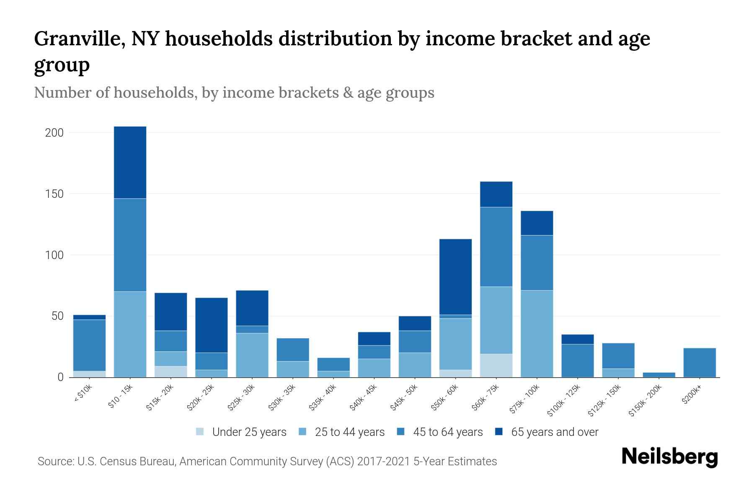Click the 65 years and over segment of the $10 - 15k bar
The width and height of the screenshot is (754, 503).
point(130,162)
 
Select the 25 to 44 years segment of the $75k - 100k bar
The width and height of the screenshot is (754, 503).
point(537,334)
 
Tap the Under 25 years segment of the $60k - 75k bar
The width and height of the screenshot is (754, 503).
point(496,365)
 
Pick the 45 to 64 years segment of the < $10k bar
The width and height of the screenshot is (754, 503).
point(89,345)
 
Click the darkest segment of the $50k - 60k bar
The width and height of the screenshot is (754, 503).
point(455,277)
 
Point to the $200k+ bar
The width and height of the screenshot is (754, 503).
point(699,362)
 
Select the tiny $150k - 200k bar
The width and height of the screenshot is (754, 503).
point(658,374)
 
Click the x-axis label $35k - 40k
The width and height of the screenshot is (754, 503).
point(323,397)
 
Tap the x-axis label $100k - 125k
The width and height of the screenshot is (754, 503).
point(564,400)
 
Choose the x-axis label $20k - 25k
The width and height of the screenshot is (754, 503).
point(201,397)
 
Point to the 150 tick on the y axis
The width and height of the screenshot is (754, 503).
point(54,194)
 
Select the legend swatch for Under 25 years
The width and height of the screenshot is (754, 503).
point(200,431)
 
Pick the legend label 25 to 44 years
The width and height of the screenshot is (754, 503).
point(349,432)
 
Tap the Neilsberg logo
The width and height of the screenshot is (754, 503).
point(669,457)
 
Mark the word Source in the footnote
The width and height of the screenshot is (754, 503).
point(55,462)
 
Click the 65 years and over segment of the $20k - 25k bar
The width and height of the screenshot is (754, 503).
point(211,325)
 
